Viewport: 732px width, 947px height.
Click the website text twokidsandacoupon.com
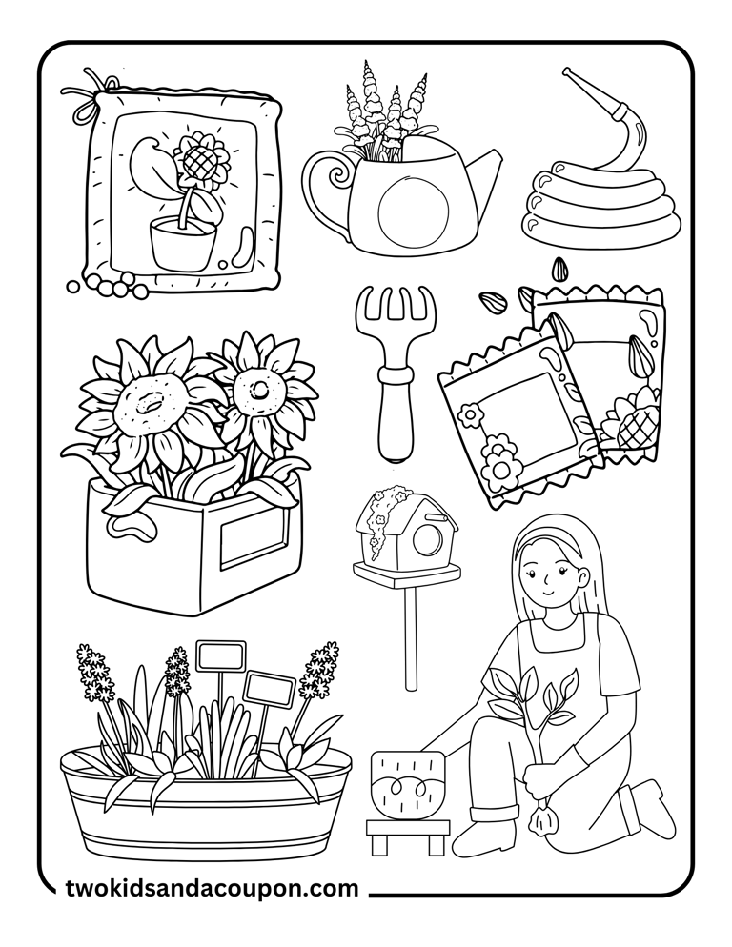(213, 889)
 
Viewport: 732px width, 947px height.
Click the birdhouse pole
(411, 638)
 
